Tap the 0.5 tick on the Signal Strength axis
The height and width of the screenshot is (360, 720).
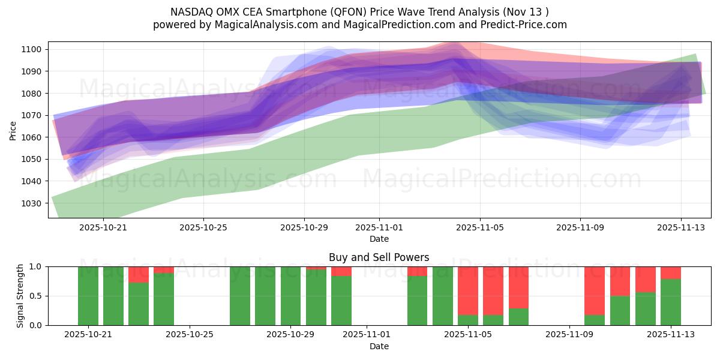click(x=35, y=296)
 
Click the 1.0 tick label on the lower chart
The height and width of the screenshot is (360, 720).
click(x=35, y=266)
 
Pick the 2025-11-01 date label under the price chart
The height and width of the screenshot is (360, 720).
click(x=379, y=227)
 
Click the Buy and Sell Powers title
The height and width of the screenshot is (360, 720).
click(x=379, y=257)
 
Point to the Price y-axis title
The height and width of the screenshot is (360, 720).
click(x=13, y=130)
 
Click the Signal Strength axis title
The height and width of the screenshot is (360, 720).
click(x=20, y=296)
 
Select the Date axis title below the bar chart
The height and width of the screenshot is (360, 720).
click(x=379, y=346)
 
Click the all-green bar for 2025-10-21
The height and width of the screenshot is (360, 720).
click(x=88, y=296)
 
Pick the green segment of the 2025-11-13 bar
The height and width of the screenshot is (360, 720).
click(x=671, y=302)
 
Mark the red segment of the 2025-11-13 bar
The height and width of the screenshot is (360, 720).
click(x=671, y=272)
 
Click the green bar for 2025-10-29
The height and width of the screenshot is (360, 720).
click(x=291, y=296)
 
